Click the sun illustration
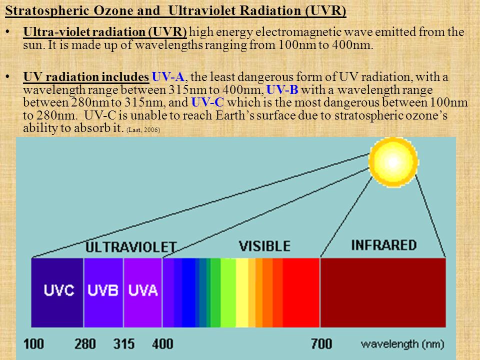(x=393, y=162)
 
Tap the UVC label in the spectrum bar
(x=59, y=290)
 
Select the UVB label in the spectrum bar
(x=103, y=290)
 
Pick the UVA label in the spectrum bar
(x=143, y=290)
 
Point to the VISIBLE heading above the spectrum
(x=264, y=246)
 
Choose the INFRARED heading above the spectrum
(x=384, y=245)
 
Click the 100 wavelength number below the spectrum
(x=33, y=344)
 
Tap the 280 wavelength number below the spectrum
(x=85, y=344)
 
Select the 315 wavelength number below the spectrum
(x=124, y=344)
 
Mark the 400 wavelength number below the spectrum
(x=162, y=344)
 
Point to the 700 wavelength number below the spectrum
(x=321, y=344)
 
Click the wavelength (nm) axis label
(x=402, y=344)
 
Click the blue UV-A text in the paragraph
(x=168, y=77)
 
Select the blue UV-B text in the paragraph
(x=282, y=89)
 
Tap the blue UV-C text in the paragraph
(x=207, y=102)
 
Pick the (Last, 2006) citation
(x=143, y=130)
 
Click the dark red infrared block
(x=383, y=292)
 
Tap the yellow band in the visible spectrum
(x=242, y=292)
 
